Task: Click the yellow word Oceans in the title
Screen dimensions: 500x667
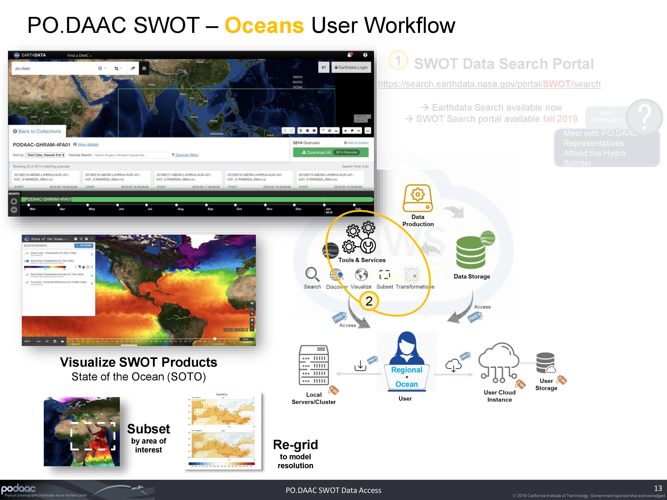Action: click(264, 25)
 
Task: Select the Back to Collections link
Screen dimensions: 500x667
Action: click(37, 131)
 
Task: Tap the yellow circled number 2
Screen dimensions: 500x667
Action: click(369, 301)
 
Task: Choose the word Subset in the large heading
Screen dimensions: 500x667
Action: click(149, 429)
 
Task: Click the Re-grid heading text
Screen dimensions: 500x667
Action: click(295, 444)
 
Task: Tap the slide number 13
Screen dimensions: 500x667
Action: click(658, 488)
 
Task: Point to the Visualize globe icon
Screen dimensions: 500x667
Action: click(361, 275)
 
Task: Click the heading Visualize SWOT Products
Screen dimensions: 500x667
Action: click(139, 362)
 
